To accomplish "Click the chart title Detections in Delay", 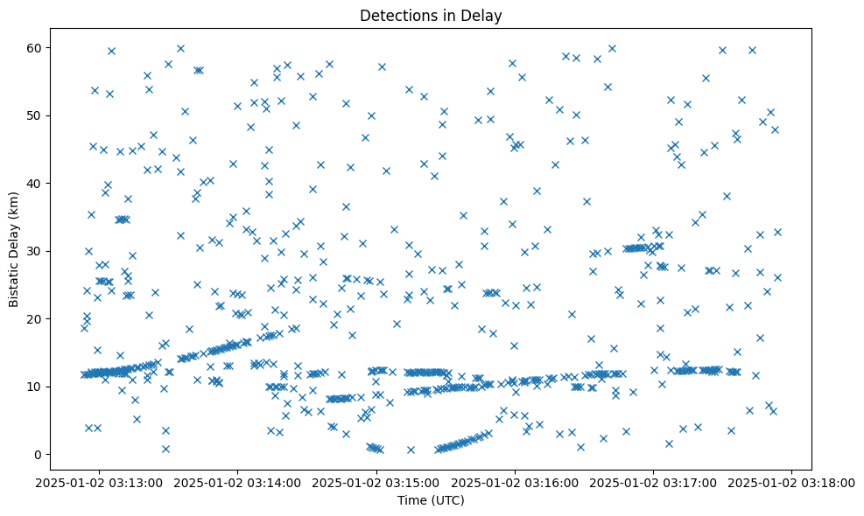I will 431,15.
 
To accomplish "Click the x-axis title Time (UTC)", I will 431,501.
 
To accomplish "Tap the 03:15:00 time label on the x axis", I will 376,482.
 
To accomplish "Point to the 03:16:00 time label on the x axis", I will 515,482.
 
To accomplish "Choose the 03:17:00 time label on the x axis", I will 654,482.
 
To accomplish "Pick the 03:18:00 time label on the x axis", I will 792,482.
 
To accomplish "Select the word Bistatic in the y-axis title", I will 14,282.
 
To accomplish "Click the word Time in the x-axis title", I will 411,501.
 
